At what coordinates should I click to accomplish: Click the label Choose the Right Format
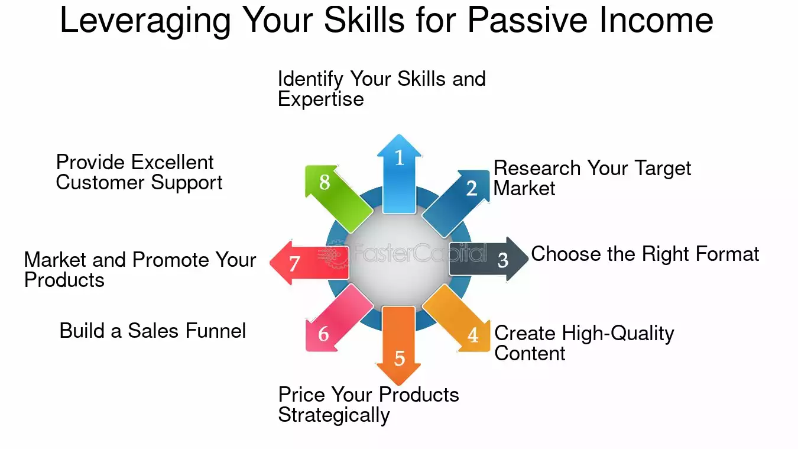(645, 254)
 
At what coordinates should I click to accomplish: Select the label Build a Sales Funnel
(153, 331)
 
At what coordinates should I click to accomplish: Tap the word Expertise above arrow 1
(320, 99)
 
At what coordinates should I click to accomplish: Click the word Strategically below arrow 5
(334, 415)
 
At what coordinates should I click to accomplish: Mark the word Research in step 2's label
(537, 169)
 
